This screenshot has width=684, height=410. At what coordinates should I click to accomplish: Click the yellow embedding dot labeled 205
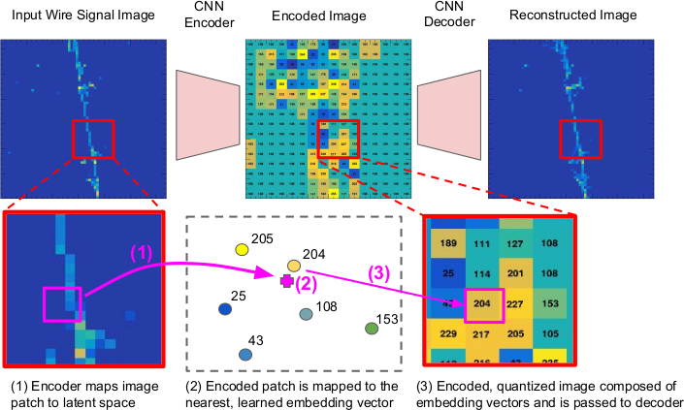(243, 249)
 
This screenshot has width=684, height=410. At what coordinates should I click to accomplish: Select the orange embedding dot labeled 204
(294, 265)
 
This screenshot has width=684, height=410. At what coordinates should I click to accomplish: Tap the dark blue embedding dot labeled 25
(225, 309)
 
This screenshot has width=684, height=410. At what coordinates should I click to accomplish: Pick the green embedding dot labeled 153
(371, 329)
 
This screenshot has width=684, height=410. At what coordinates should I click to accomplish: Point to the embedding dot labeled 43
(244, 355)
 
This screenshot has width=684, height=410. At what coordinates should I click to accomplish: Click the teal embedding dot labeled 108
(306, 314)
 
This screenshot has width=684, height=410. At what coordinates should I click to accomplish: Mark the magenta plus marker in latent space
(285, 280)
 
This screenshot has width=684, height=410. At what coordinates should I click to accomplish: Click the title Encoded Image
(297, 16)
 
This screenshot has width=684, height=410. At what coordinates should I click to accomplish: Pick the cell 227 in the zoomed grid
(520, 303)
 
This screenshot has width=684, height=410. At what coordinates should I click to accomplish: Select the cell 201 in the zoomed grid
(520, 272)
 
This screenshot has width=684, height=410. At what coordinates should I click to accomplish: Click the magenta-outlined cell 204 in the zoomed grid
(485, 303)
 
